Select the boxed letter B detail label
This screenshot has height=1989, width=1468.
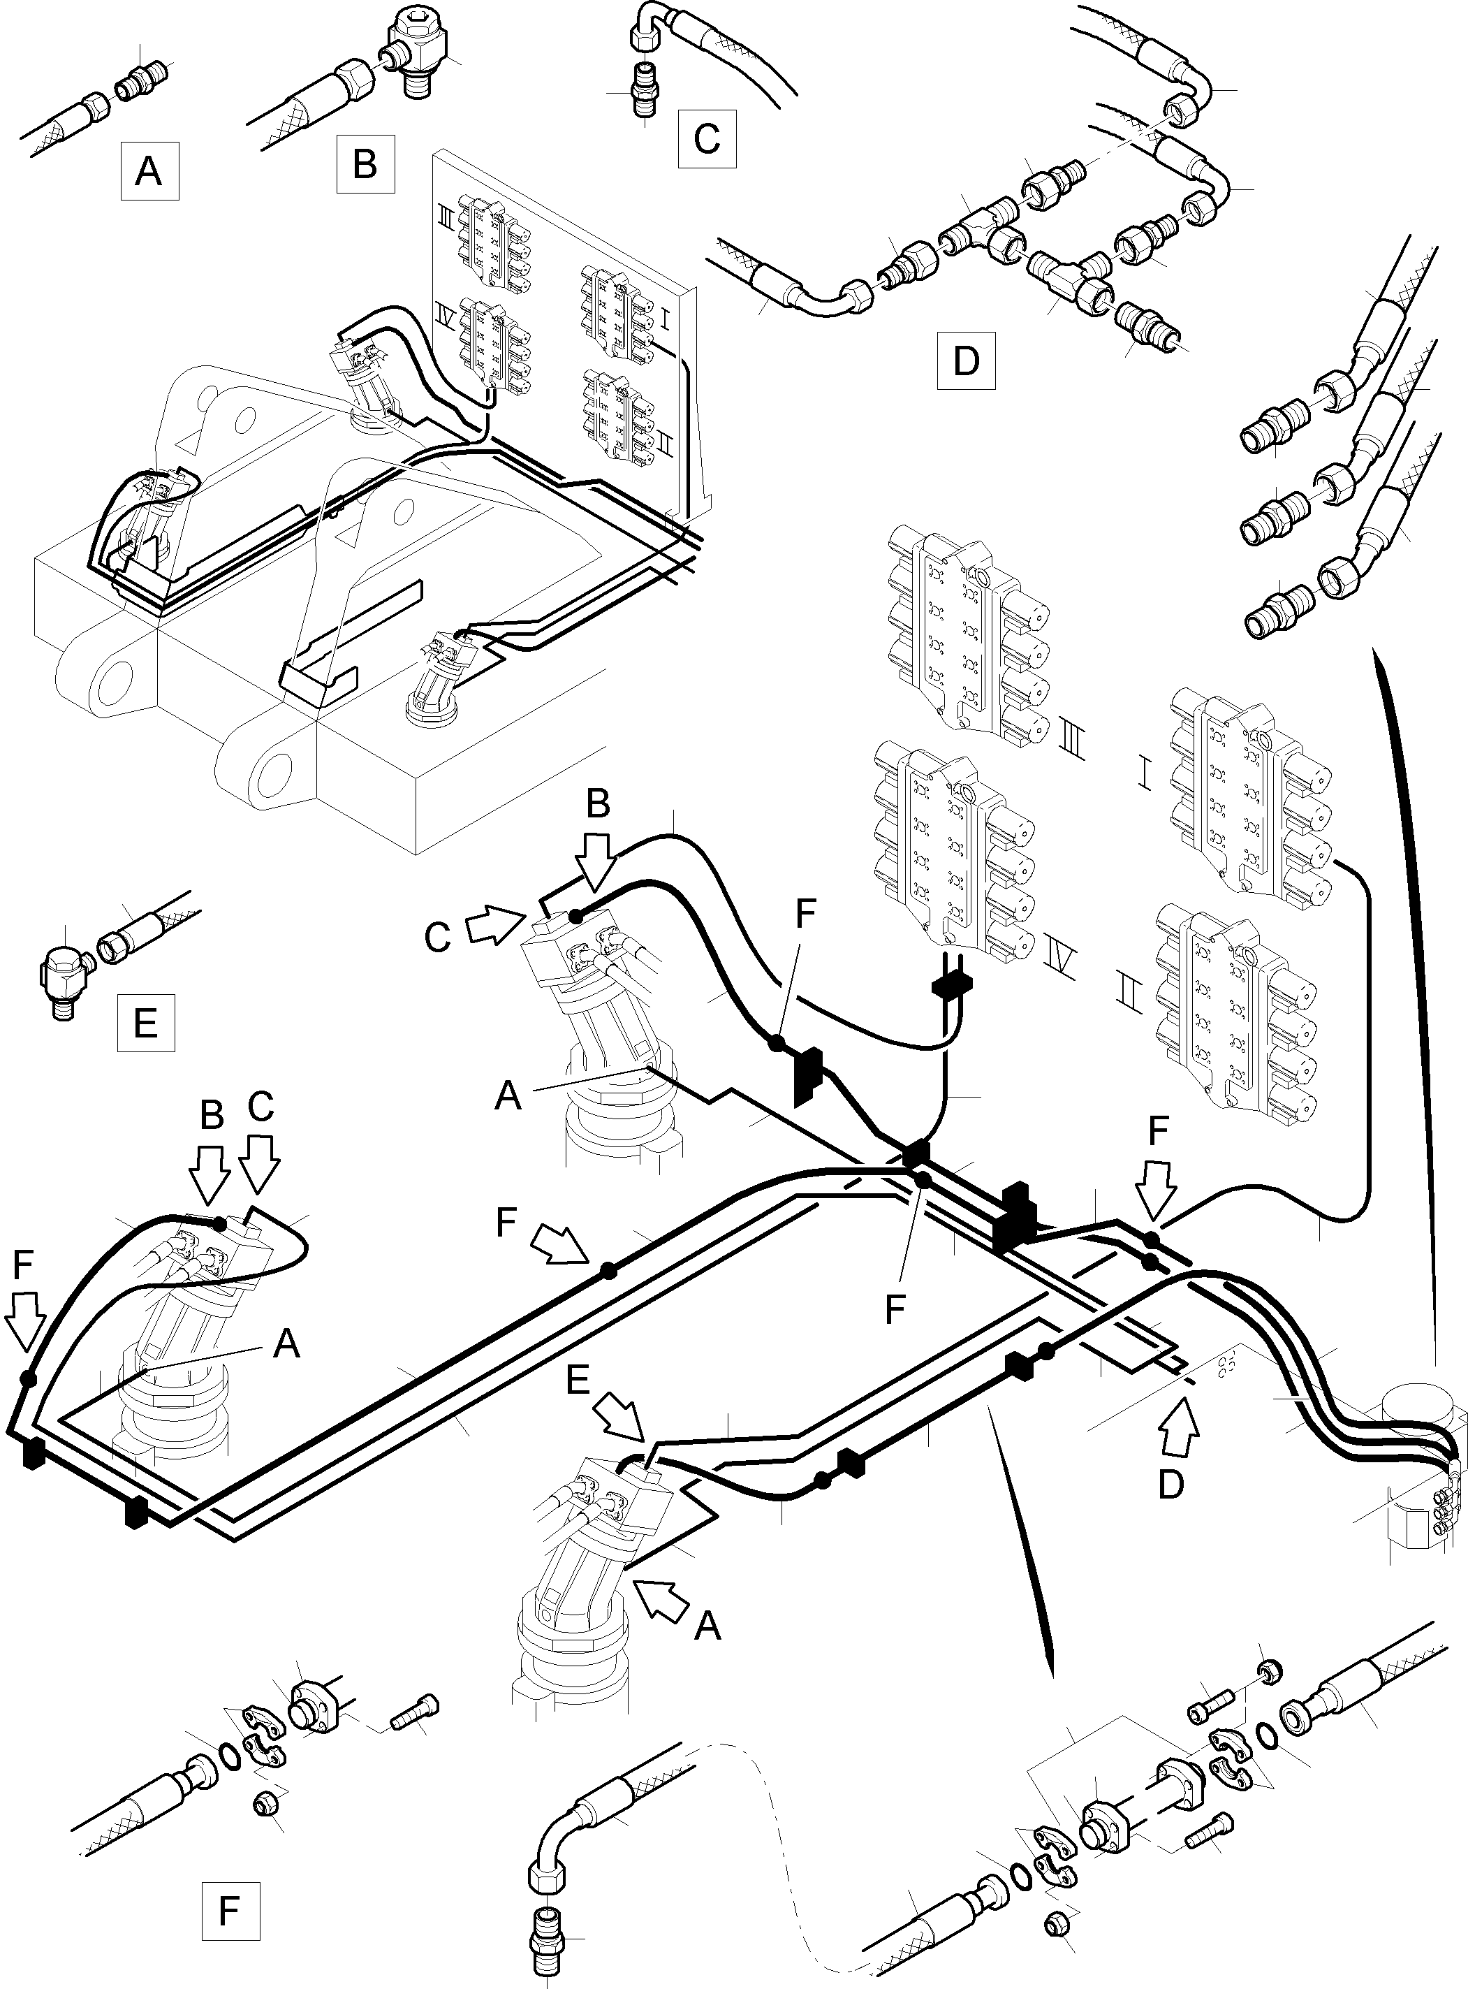(x=365, y=164)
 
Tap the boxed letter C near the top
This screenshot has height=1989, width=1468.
(x=707, y=138)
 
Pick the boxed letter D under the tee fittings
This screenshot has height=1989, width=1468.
(x=965, y=360)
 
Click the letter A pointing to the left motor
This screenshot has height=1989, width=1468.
(x=286, y=1343)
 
